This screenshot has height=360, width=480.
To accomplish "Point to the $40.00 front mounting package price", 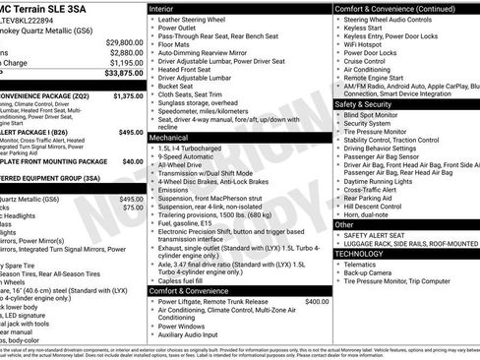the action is point(133,160).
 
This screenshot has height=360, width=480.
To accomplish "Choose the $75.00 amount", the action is point(133,209).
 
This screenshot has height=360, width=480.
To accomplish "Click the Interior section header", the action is point(161,7).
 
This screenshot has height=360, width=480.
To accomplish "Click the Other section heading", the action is point(344,224).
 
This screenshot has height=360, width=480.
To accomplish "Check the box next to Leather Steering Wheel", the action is point(152,20).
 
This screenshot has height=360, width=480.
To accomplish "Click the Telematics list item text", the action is point(362,265).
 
